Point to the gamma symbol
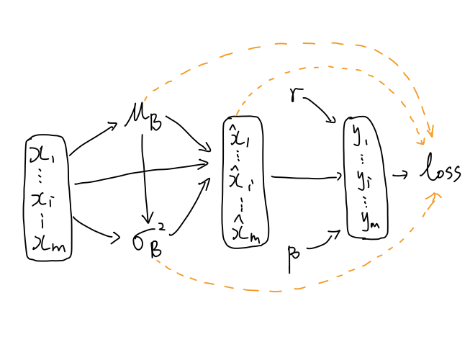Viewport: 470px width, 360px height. (x=295, y=96)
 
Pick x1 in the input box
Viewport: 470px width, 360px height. (x=48, y=153)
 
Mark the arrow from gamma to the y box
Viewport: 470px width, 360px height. (x=320, y=109)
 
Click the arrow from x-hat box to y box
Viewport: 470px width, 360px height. (x=306, y=176)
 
